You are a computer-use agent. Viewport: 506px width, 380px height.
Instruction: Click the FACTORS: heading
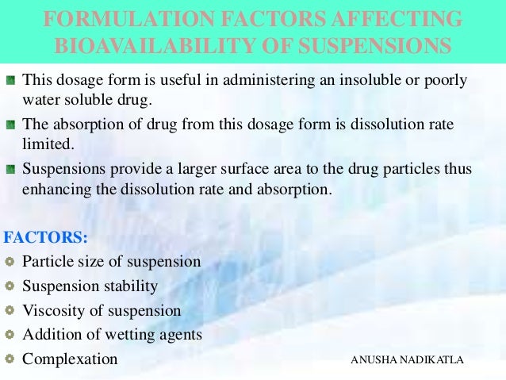point(46,237)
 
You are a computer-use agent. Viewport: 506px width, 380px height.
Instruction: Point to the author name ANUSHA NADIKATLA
point(406,360)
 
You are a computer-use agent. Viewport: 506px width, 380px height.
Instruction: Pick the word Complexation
point(70,359)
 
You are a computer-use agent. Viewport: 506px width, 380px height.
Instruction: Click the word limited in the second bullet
point(46,144)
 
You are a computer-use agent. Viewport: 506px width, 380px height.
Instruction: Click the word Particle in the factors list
point(47,261)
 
